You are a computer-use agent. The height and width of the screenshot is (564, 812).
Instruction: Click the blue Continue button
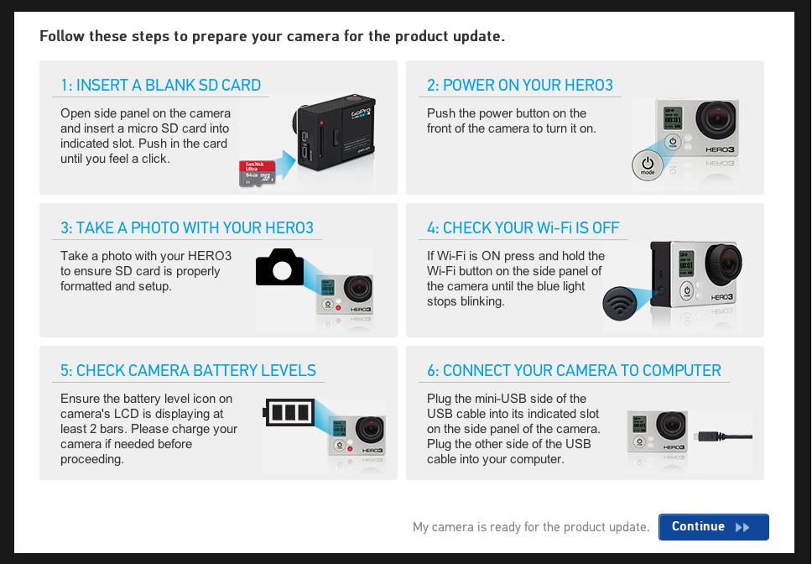point(713,527)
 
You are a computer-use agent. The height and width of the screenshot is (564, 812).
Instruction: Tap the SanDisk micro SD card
point(258,174)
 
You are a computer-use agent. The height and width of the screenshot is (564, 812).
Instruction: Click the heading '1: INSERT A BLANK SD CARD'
point(160,85)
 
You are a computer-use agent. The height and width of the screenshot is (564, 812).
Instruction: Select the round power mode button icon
point(648,165)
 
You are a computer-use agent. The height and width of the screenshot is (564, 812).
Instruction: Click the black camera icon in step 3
point(280,267)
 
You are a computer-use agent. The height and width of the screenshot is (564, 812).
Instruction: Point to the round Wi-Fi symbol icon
point(619,304)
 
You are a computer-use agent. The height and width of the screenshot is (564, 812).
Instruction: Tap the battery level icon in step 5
point(289,412)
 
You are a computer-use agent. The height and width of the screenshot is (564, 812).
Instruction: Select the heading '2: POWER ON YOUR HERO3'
point(520,85)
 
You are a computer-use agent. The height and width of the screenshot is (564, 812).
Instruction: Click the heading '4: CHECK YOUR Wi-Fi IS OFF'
point(523,228)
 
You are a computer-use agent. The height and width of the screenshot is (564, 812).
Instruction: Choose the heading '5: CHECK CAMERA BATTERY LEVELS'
point(188,370)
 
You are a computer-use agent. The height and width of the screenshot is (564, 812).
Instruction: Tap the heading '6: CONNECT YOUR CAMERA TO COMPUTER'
point(574,370)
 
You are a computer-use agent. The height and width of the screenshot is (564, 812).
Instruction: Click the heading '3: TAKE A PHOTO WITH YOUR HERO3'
point(187,228)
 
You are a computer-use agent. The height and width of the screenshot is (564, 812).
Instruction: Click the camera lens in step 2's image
point(716,120)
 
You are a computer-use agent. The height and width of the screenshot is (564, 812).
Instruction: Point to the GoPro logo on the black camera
point(361,112)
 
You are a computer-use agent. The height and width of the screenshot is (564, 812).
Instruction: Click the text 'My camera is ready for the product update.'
point(531,527)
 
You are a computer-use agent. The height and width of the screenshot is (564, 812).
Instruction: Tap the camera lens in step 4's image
point(724,264)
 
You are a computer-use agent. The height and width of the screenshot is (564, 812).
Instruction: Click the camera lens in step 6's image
point(671,426)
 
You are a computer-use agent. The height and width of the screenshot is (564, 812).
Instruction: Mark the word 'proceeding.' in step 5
point(91,459)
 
